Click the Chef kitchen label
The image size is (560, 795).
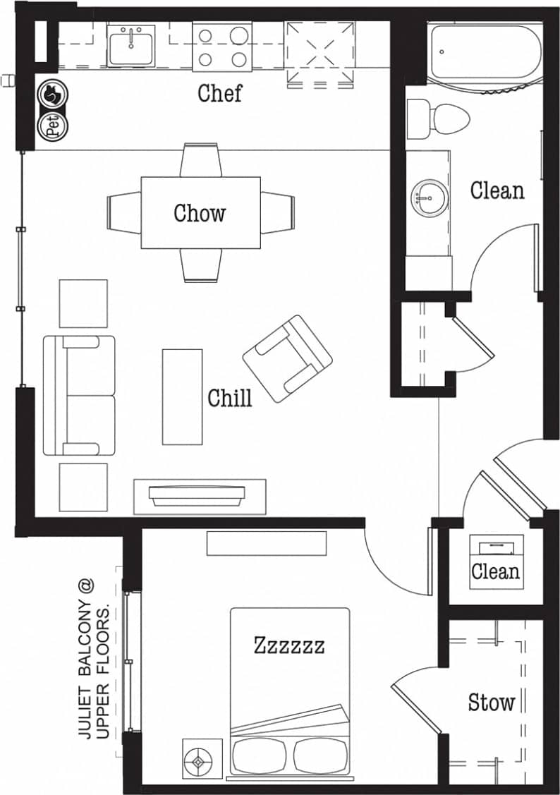pyautogui.click(x=219, y=93)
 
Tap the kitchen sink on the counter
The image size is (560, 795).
pyautogui.click(x=131, y=45)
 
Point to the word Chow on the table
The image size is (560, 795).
pyautogui.click(x=200, y=213)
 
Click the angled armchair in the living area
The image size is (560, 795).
pyautogui.click(x=287, y=358)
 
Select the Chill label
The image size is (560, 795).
pyautogui.click(x=229, y=398)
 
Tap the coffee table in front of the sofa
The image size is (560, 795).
pyautogui.click(x=182, y=396)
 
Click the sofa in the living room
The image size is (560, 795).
pyautogui.click(x=78, y=395)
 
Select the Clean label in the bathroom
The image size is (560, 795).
pyautogui.click(x=497, y=190)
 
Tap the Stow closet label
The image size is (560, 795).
pyautogui.click(x=492, y=702)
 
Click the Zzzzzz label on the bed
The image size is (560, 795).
pyautogui.click(x=289, y=645)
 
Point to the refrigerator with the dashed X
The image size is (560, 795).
pyautogui.click(x=319, y=54)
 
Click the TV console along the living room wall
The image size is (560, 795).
pyautogui.click(x=200, y=496)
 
